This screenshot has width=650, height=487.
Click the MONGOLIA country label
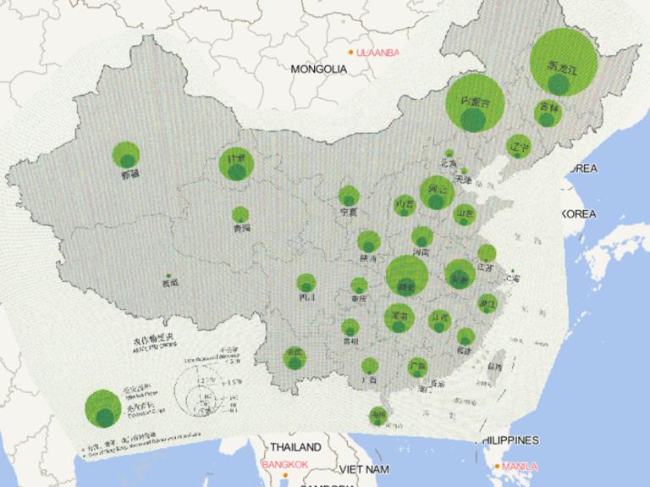coord(318,69)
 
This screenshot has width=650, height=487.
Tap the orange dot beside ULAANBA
coord(350,53)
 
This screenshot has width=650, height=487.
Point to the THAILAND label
coord(295,446)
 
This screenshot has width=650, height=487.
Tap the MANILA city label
coord(520,466)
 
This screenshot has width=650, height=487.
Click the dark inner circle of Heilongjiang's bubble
coord(558,84)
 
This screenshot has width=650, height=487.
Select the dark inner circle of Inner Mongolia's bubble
coord(473,119)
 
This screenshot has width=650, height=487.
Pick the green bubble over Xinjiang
coord(126,155)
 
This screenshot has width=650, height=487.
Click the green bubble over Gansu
coord(236,164)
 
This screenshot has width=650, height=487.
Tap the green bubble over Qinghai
coord(240,215)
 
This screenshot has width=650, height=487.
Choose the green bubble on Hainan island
coord(377,415)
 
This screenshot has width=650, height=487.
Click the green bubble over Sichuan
coord(306,284)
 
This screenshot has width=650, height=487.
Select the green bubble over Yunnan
coord(295,357)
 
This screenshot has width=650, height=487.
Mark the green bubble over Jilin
coord(548,113)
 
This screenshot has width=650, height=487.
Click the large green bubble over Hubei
coord(406,274)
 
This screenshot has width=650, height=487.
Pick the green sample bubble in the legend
coord(102,407)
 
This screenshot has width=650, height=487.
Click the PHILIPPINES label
coord(510,440)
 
